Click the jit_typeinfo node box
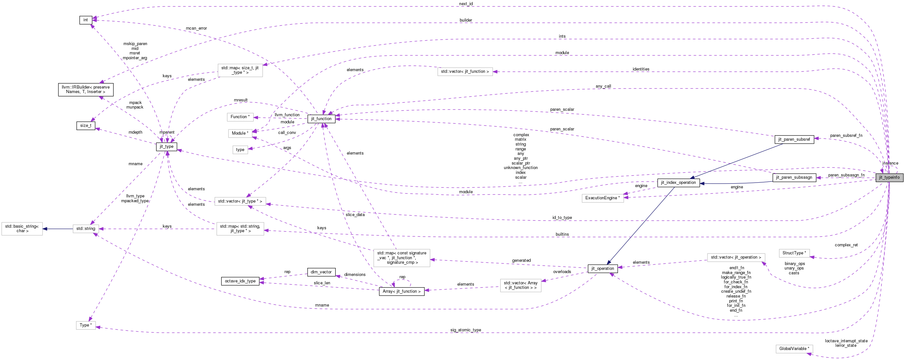pos(889,177)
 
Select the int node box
pos(85,20)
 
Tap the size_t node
pos(86,125)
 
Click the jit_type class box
pos(167,147)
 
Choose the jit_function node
pos(321,119)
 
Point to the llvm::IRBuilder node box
pos(86,90)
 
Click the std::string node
pos(86,229)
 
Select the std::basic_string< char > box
pos(22,229)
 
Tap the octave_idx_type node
pos(240,281)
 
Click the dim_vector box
pos(321,272)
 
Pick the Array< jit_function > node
pos(401,291)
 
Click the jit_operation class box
pos(602,269)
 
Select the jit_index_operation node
pos(678,183)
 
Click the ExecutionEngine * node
pos(602,198)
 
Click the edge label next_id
pos(466,4)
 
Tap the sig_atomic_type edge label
pos(466,330)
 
